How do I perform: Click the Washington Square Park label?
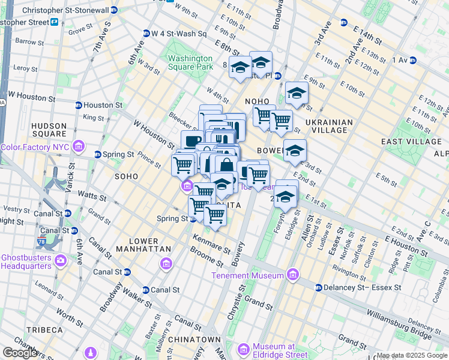click(190, 62)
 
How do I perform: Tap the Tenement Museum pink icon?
click(293, 275)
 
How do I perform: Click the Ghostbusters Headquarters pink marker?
click(60, 260)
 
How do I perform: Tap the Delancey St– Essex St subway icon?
click(318, 287)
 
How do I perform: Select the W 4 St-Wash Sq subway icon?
click(146, 34)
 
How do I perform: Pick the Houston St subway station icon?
click(78, 105)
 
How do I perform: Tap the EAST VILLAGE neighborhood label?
click(411, 142)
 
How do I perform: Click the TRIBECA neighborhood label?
click(44, 330)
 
